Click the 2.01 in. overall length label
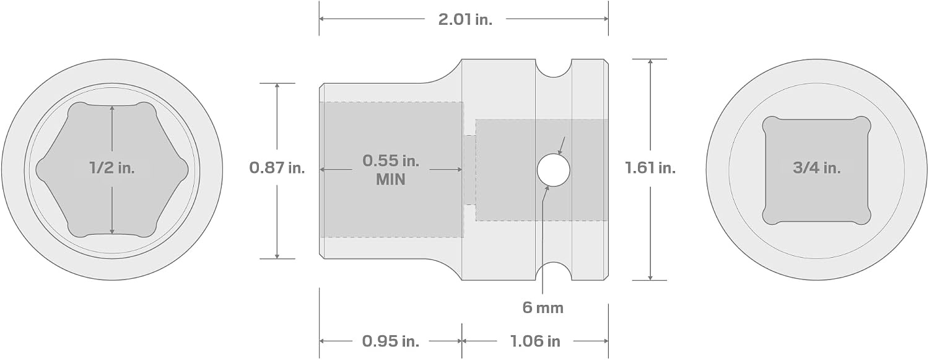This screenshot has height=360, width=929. coord(465,19)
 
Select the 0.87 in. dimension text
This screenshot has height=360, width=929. coord(277,167)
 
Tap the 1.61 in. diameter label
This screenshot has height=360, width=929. coord(650,167)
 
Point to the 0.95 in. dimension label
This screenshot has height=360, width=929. coord(391,341)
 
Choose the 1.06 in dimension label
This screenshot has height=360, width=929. coord(536,341)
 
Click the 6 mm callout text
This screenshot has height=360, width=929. coord(543,308)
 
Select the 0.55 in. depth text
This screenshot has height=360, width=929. coord(391,160)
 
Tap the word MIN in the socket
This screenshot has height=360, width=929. coord(391,180)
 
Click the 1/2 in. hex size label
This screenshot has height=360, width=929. coord(112,168)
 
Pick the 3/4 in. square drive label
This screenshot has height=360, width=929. coord(817,168)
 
